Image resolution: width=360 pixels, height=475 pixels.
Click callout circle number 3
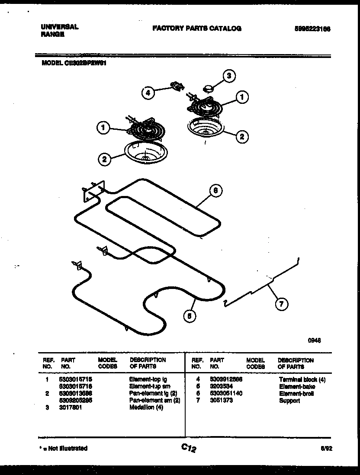pos(229,77)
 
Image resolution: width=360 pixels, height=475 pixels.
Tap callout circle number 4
pos(148,93)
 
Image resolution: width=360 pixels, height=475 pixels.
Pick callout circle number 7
pos(281,304)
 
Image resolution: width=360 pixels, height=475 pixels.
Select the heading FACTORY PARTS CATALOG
pos(197,29)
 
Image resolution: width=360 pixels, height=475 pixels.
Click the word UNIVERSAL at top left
pos(59,26)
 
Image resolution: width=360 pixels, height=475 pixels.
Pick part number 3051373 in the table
pos(221,401)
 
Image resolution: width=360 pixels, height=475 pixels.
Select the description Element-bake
pos(297,386)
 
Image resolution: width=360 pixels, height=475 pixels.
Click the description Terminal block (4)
pos(302,379)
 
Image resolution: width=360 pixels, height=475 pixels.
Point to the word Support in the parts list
pos(289,401)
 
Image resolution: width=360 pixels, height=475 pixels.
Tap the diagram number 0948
pos(314,340)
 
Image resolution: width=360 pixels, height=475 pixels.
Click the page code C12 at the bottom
pos(189,449)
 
